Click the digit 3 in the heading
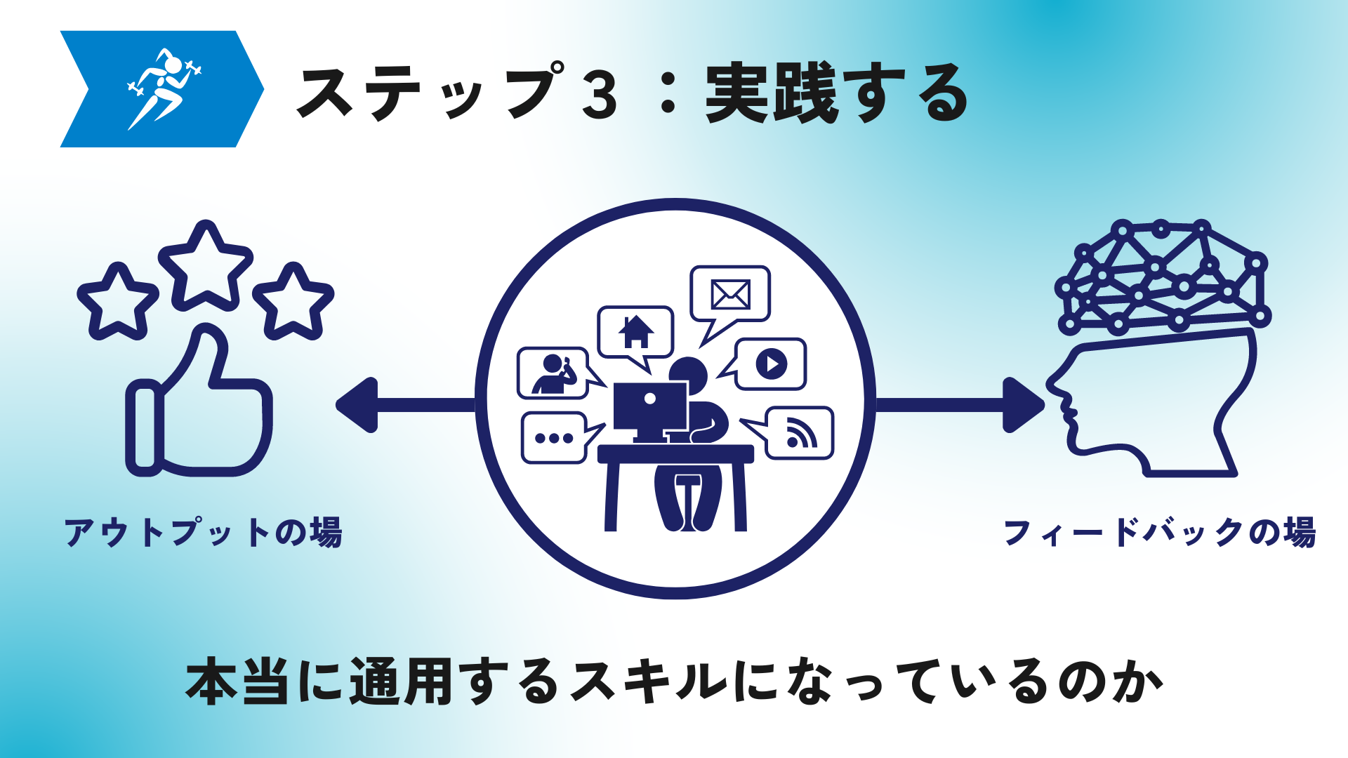600,94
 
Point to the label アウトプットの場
203,532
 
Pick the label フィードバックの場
1160,532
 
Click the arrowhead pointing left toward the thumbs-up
357,405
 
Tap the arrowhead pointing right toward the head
1024,405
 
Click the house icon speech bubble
635,333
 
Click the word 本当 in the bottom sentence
237,681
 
